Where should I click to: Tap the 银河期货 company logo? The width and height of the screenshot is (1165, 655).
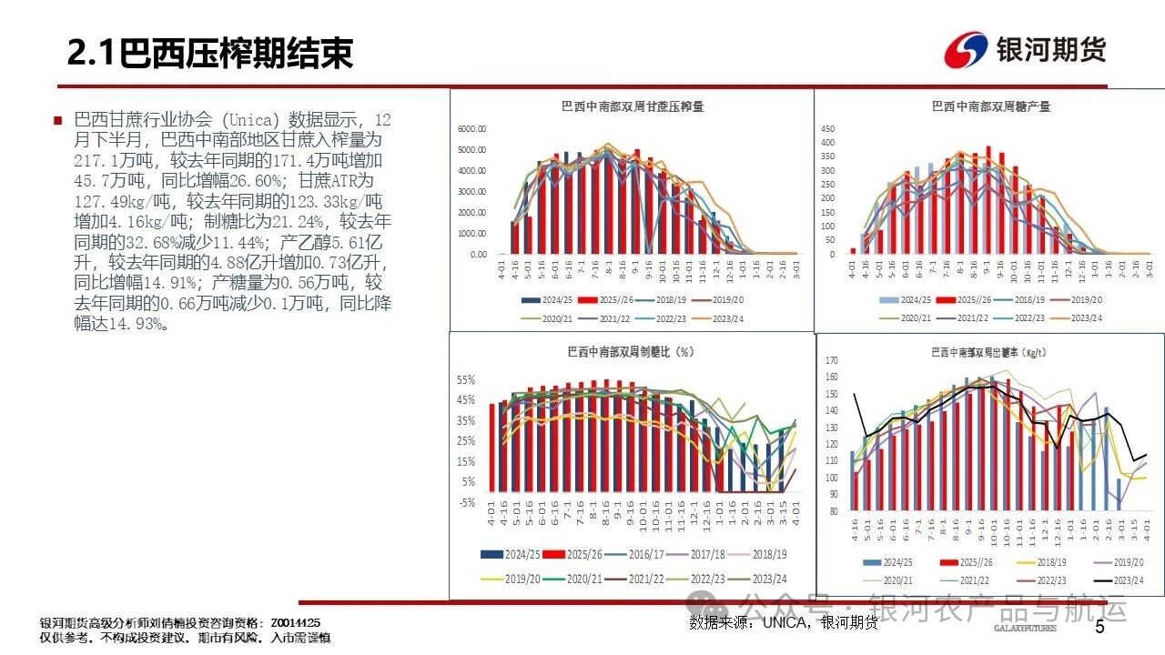[1026, 49]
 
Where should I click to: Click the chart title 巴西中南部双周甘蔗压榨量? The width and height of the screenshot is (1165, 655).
[633, 106]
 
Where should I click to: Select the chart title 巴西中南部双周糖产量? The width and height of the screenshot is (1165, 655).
[991, 106]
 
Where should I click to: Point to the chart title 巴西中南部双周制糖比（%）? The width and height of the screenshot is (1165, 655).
[631, 352]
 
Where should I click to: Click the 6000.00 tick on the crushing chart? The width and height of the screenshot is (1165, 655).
[471, 128]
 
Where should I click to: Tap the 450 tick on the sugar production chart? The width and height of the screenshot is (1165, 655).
[827, 128]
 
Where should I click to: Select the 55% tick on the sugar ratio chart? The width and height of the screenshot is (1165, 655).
[466, 379]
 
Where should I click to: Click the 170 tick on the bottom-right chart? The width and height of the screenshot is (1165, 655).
[831, 361]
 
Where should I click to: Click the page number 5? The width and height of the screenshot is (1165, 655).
[1099, 627]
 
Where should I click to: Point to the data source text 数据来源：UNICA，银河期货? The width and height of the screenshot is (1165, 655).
[784, 622]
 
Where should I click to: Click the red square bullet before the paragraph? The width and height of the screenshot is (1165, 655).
[58, 120]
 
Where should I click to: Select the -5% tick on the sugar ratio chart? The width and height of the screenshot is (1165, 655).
[466, 502]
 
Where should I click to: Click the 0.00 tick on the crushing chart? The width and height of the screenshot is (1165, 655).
[477, 255]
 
